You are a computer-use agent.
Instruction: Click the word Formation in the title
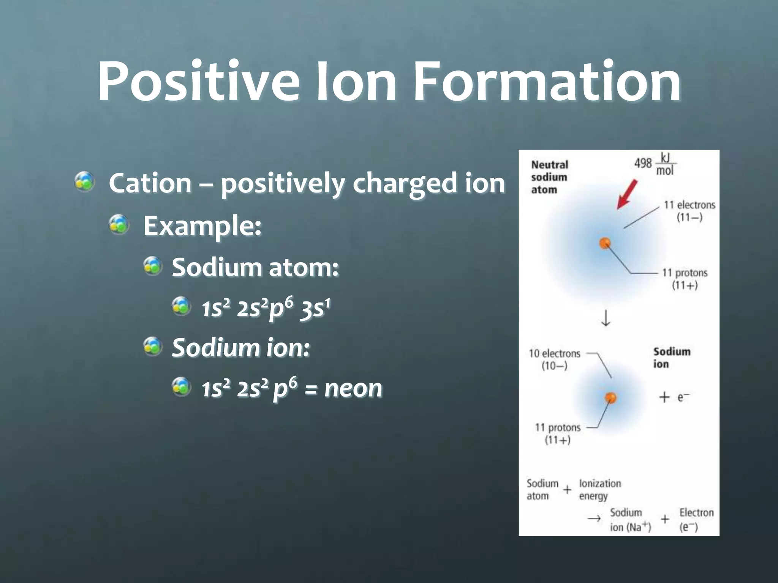click(x=547, y=82)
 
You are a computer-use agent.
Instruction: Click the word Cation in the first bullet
click(x=150, y=183)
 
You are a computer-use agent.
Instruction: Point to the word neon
click(x=353, y=388)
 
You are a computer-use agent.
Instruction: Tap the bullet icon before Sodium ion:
click(x=153, y=346)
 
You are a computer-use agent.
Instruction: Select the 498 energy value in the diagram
click(x=643, y=163)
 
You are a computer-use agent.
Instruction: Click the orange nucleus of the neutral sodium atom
click(x=605, y=243)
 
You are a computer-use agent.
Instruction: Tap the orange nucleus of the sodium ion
click(x=610, y=398)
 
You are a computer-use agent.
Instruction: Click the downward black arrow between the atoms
click(x=606, y=318)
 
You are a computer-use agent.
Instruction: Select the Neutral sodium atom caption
click(x=549, y=177)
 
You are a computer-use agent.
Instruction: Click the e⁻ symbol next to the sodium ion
click(x=683, y=397)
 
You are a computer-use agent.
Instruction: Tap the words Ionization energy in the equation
click(x=599, y=490)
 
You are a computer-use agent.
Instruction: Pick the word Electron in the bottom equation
click(x=696, y=513)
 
